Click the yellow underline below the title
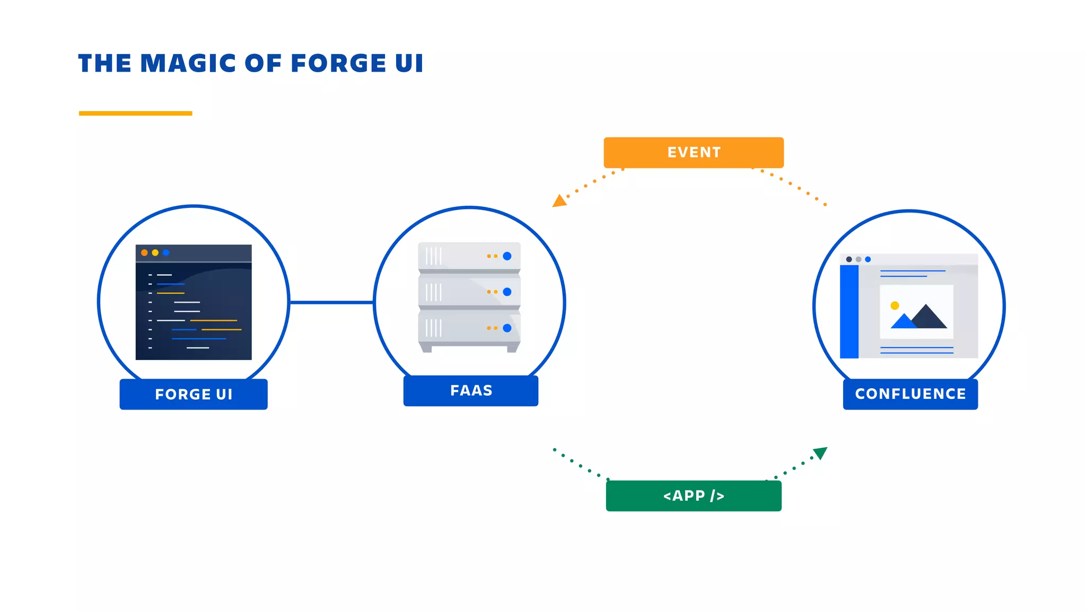(x=135, y=113)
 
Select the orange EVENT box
(x=693, y=153)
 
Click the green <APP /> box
(x=693, y=496)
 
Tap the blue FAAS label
(x=470, y=391)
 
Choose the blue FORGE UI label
(x=193, y=394)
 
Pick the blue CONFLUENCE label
(x=910, y=394)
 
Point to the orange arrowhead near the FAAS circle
(x=559, y=201)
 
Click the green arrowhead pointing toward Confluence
(x=820, y=453)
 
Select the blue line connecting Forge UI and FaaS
(x=331, y=302)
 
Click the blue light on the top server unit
(x=507, y=256)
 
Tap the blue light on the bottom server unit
(x=507, y=328)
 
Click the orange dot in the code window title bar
(x=144, y=252)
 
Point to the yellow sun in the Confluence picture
(x=895, y=305)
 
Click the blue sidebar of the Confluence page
(x=849, y=311)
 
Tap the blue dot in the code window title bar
(x=166, y=252)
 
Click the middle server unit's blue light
(x=507, y=292)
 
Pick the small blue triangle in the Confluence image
(x=903, y=322)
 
